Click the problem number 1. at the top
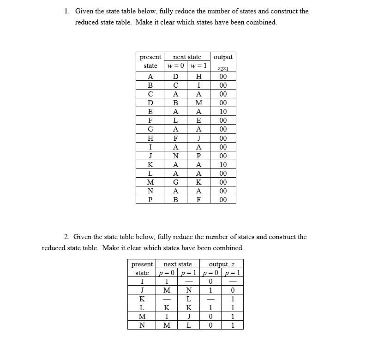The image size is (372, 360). click(x=67, y=11)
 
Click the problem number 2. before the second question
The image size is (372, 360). click(x=67, y=237)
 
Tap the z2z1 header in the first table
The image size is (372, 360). click(x=222, y=69)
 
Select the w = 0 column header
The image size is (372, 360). click(x=175, y=66)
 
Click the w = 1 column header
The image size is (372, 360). click(x=198, y=66)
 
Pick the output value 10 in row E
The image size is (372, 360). click(x=223, y=112)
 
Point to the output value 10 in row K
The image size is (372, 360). click(x=223, y=164)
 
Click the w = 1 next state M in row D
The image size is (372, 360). click(x=198, y=103)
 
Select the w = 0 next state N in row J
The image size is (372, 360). click(x=175, y=156)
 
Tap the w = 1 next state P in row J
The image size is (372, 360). click(x=198, y=156)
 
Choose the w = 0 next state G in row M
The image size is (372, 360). click(x=175, y=182)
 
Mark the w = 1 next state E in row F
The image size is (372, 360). click(x=198, y=120)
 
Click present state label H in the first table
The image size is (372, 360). click(x=150, y=138)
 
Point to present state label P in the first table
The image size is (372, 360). click(x=150, y=200)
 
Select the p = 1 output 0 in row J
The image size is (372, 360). click(x=233, y=290)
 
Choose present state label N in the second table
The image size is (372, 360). click(x=142, y=325)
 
